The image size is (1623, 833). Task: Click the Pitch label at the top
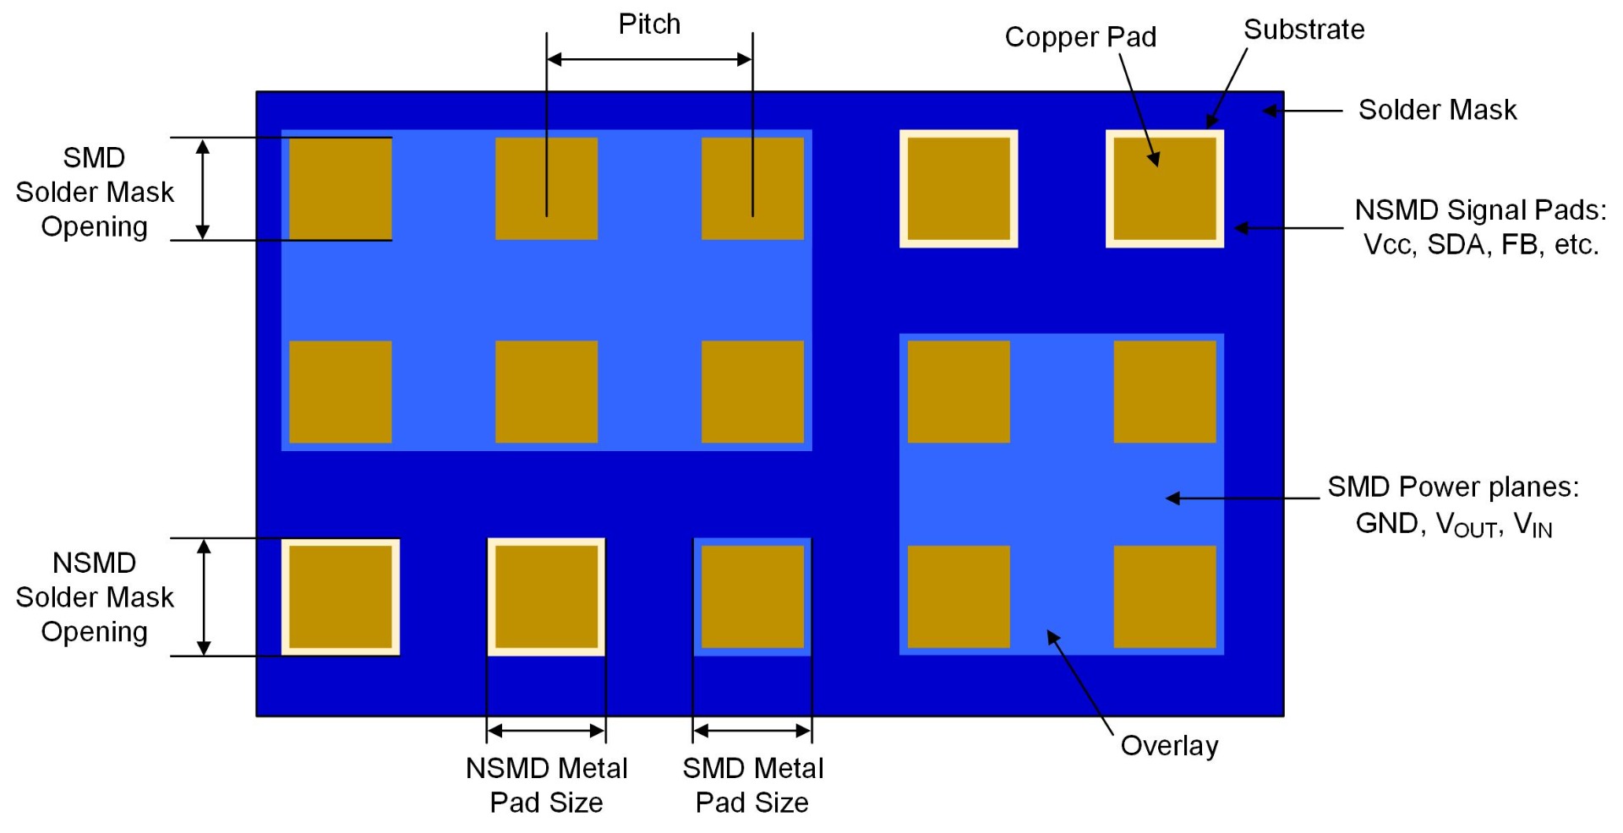point(649,24)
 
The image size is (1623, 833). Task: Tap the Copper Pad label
point(1080,37)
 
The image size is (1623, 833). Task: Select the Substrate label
point(1303,30)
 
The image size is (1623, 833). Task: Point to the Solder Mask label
point(1437,110)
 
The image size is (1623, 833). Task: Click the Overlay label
point(1169,746)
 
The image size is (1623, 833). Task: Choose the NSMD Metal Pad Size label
point(546,785)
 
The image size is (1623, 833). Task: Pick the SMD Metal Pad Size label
point(752,785)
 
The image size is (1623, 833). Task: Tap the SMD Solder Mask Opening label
point(95,192)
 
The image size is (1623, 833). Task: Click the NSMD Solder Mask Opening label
point(95,597)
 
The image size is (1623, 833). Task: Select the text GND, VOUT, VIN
point(1454,525)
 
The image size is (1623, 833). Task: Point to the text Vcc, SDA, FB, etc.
point(1481,245)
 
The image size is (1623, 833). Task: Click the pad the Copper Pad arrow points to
point(1165,189)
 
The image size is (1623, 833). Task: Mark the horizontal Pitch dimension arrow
point(649,59)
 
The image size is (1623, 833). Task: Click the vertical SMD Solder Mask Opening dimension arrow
point(203,189)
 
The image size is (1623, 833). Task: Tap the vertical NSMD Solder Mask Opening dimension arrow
point(204,597)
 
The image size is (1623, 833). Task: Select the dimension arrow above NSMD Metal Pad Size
point(546,731)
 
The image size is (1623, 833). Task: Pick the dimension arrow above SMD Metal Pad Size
point(752,731)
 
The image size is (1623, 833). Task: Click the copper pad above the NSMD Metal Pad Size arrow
point(546,596)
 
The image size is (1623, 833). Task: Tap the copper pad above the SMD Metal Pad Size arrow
point(752,596)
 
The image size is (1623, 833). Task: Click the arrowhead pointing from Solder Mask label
point(1270,111)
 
